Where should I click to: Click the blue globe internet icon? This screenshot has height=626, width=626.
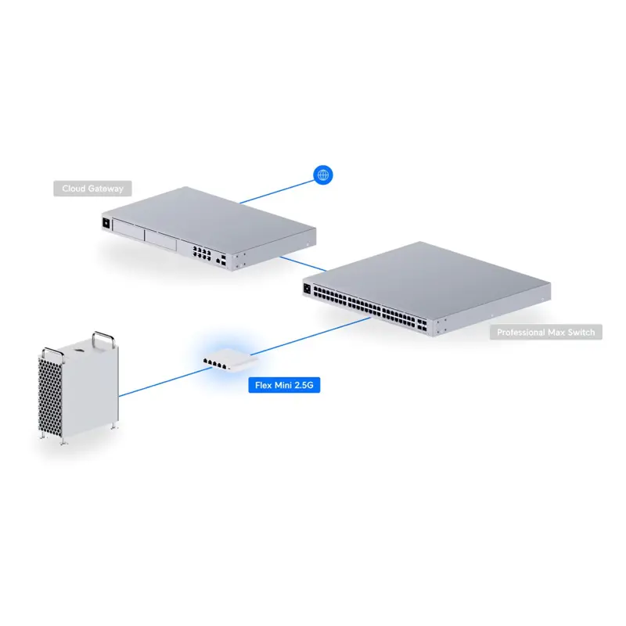coord(322,175)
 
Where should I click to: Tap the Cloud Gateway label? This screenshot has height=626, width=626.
coord(93,189)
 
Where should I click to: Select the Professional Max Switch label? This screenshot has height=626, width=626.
coord(546,333)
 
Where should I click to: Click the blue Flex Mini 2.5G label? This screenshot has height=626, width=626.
coord(284,385)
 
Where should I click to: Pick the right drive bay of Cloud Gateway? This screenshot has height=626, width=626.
coord(160,239)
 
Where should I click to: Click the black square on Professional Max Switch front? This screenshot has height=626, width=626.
coord(307,288)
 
